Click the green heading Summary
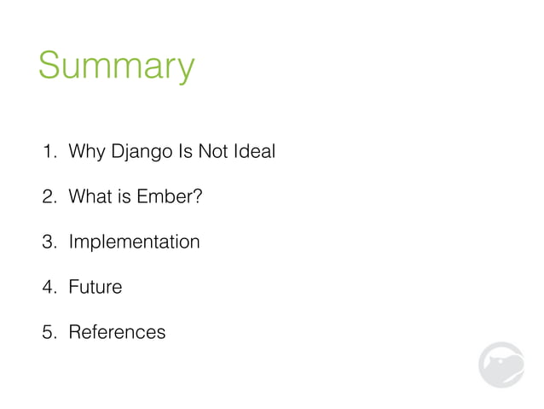(117, 67)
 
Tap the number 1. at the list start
(50, 153)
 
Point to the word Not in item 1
(214, 153)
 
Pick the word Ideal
(255, 153)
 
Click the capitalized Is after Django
(184, 153)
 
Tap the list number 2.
(50, 197)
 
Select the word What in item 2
(90, 197)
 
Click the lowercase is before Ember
(124, 197)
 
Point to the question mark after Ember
(197, 197)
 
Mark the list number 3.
(50, 242)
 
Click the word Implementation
(134, 242)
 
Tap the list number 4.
(50, 287)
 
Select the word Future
(95, 287)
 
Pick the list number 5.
(50, 331)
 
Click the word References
(117, 331)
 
